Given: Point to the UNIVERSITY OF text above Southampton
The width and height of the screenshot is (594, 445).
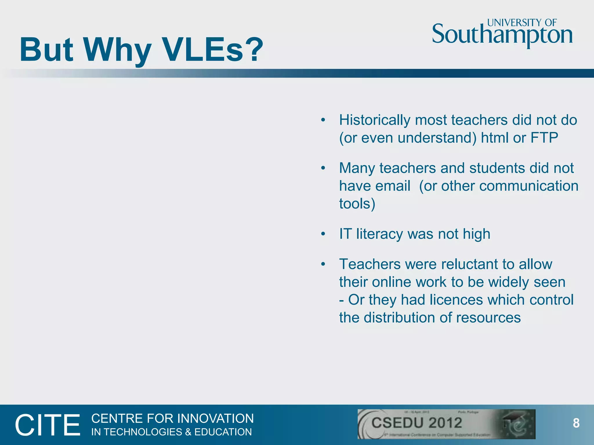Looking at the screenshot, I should point(522,23).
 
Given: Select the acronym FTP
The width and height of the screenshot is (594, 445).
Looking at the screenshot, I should point(544,138).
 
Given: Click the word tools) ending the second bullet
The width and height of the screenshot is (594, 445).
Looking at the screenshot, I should point(357,204).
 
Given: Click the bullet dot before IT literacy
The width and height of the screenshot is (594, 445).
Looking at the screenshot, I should point(323,234).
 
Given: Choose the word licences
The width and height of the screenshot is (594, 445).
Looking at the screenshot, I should point(456,300).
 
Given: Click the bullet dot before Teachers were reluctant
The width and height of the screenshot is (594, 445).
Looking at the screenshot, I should point(323,264).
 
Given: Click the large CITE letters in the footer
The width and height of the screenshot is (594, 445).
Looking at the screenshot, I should point(47,425).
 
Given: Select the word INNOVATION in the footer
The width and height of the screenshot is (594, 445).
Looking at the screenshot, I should point(215,419).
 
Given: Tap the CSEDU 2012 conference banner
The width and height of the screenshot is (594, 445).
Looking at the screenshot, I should point(446,424).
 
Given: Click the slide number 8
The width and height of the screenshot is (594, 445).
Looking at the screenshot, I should point(576,423).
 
